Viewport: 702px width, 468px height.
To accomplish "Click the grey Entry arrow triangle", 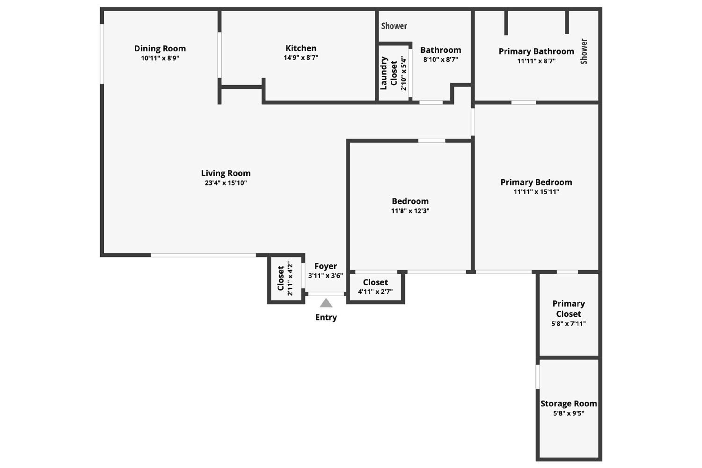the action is [x=326, y=303].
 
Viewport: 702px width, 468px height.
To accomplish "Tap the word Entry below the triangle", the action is [x=326, y=317].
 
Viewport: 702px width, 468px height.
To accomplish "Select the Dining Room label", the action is [x=160, y=48].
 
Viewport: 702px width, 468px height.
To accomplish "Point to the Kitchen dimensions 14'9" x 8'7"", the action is [x=301, y=58].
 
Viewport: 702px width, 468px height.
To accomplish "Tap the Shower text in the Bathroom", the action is [x=394, y=26].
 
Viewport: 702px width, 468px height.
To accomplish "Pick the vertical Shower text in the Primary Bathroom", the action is [x=584, y=51].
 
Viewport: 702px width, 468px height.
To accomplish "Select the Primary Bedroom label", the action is [x=536, y=182].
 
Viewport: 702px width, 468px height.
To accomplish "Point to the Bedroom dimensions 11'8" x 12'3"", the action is [x=410, y=211].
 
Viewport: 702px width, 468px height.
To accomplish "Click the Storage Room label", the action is [x=569, y=403].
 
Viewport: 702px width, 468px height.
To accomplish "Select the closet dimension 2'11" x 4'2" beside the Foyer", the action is [x=290, y=278].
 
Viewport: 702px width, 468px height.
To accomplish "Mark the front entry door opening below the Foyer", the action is [x=326, y=294].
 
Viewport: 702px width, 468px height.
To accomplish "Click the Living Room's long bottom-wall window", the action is [x=203, y=255].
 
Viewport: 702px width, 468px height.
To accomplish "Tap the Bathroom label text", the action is [x=441, y=50].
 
